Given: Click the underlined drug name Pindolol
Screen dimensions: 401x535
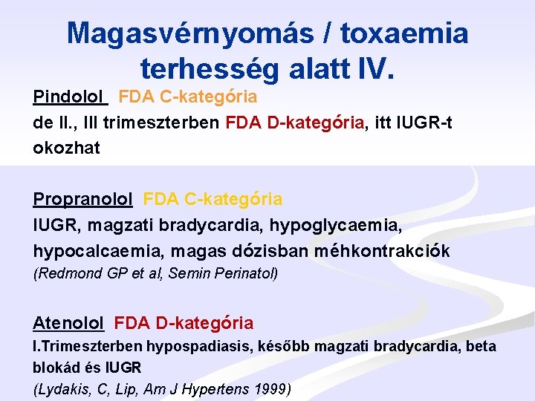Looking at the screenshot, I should pyautogui.click(x=70, y=97).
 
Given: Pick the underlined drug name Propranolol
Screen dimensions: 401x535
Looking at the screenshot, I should pyautogui.click(x=82, y=199).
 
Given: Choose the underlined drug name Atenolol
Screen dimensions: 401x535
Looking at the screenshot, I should pyautogui.click(x=68, y=323).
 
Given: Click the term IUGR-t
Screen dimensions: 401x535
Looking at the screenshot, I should pyautogui.click(x=422, y=123).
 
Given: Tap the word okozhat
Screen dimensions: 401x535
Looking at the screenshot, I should pyautogui.click(x=66, y=148).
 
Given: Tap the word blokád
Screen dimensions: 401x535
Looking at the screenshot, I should pyautogui.click(x=54, y=368).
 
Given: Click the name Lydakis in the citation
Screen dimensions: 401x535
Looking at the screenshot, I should pyautogui.click(x=64, y=389).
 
